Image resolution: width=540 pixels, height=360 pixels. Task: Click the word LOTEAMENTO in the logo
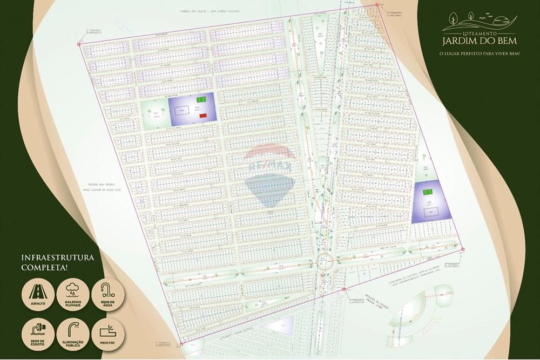click(475, 33)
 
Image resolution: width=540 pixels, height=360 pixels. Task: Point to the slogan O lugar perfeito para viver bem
click(475, 53)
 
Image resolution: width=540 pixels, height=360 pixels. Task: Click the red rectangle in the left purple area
click(202, 116)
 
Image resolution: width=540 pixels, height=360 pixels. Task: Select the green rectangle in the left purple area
click(201, 100)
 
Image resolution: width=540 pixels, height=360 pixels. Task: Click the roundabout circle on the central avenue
click(325, 262)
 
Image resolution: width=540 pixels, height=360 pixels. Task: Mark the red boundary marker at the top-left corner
click(79, 44)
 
